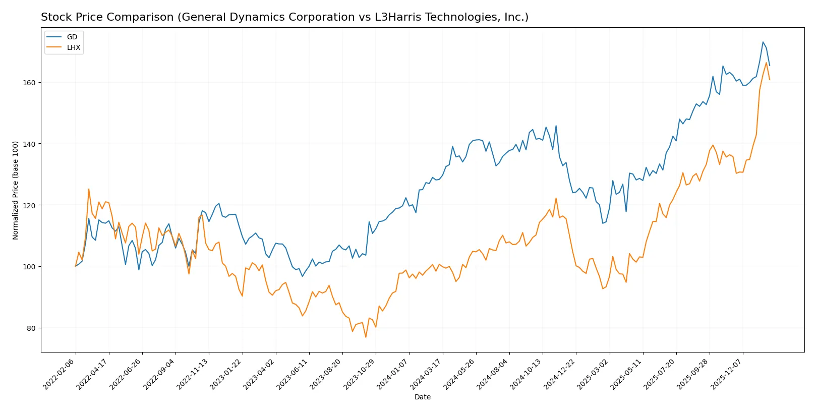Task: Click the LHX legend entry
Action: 73,47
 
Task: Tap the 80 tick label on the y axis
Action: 32,328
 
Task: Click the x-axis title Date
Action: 422,397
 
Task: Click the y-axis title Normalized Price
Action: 15,190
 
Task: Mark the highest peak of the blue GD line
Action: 763,42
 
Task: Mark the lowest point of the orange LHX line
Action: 366,337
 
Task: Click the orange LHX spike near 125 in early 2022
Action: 89,189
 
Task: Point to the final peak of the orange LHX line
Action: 766,63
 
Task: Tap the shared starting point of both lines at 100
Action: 76,266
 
